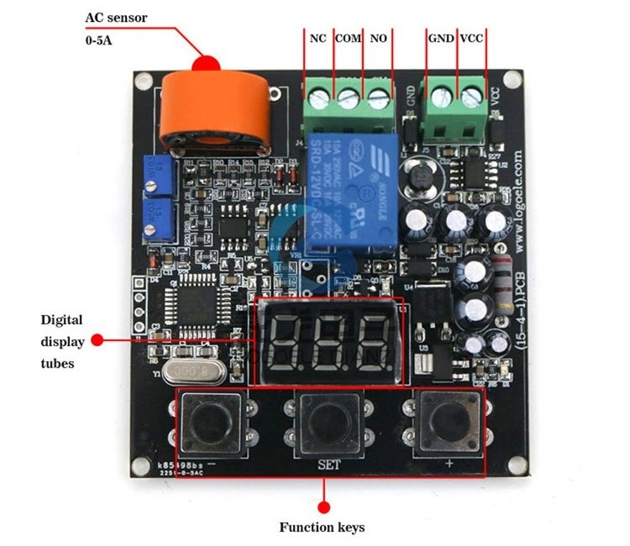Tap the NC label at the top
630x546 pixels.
(x=318, y=39)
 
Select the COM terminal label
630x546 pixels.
(x=348, y=39)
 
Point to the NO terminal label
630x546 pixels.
(x=378, y=39)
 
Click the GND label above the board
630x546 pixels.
(x=441, y=39)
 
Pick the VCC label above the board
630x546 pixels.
(x=471, y=39)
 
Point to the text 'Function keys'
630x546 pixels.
(x=323, y=528)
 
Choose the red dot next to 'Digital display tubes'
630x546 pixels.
(x=97, y=340)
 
